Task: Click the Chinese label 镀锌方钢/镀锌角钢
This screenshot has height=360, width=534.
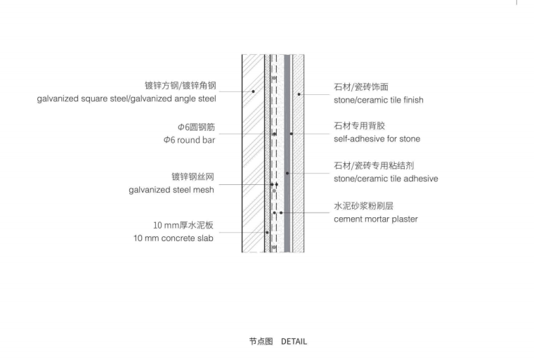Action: click(181, 86)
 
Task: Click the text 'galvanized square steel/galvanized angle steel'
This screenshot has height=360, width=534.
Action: click(126, 99)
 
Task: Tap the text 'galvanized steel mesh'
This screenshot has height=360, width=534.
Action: click(171, 189)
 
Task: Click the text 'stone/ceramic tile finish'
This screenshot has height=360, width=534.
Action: click(379, 100)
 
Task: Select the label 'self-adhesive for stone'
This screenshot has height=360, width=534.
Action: click(377, 139)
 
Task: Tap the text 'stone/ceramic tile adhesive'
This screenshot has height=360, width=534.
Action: click(386, 179)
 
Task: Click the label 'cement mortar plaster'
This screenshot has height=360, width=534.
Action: click(376, 219)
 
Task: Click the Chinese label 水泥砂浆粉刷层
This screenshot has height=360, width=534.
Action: click(363, 206)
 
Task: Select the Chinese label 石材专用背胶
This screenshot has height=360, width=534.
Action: click(359, 126)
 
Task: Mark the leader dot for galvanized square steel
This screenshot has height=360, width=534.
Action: click(253, 92)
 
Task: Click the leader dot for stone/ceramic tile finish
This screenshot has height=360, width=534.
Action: click(299, 94)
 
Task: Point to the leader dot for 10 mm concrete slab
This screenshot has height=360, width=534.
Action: click(267, 233)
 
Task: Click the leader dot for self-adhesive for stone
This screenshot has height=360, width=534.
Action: click(291, 133)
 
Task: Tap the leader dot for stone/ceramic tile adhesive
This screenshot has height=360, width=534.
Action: click(287, 173)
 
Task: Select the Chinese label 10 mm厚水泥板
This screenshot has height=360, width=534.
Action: click(183, 225)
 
